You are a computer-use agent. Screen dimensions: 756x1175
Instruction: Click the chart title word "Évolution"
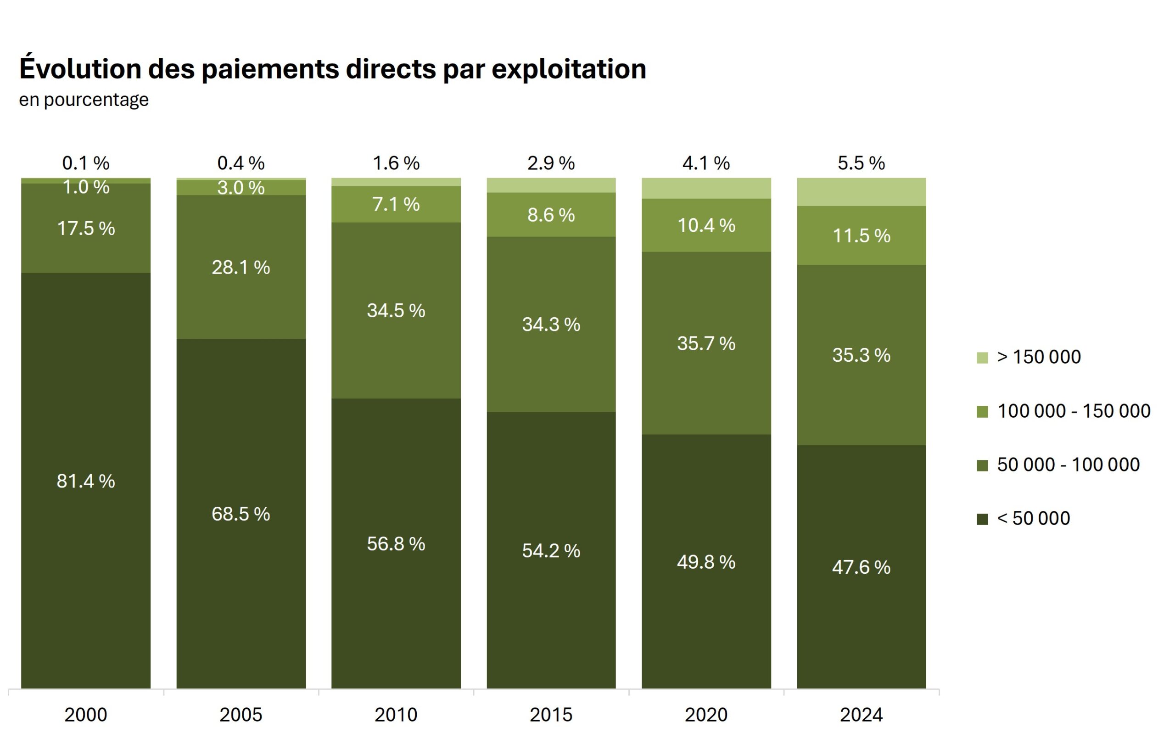click(80, 69)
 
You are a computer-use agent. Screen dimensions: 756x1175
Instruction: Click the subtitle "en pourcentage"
click(84, 100)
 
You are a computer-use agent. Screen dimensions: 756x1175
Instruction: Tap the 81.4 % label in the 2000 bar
click(86, 481)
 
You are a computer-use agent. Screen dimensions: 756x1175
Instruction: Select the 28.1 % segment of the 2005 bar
click(241, 268)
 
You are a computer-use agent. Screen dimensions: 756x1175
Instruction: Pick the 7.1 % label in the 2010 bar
click(396, 204)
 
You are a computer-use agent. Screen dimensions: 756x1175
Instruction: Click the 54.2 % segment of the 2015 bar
click(551, 551)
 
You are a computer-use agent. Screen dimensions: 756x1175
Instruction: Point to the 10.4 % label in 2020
click(706, 226)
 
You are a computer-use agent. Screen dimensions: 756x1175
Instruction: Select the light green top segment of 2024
click(861, 192)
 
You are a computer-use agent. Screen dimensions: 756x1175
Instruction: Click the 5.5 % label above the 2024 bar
click(861, 163)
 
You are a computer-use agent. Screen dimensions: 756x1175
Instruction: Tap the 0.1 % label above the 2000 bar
click(86, 163)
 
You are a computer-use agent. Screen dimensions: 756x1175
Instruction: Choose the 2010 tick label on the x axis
click(396, 715)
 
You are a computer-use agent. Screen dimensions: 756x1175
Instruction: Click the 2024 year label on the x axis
click(861, 715)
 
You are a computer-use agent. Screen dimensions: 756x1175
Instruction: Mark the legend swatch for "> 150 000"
click(982, 358)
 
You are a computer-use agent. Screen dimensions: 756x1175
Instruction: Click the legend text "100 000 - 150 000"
click(1074, 411)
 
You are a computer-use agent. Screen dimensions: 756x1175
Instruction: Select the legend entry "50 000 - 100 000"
click(1068, 465)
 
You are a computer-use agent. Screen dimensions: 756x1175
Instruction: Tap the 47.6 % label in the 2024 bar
click(861, 567)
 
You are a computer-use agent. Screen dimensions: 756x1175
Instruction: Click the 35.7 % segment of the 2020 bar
click(706, 344)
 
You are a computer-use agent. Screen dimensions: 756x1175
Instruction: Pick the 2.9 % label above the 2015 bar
click(551, 163)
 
